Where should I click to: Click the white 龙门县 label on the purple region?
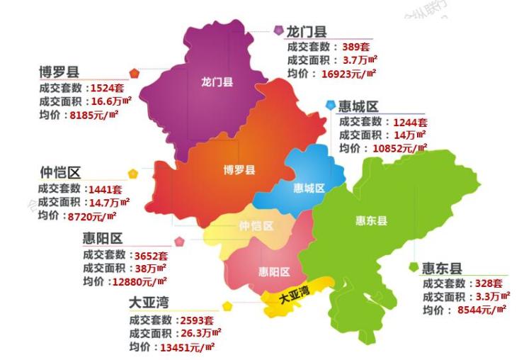point(217,82)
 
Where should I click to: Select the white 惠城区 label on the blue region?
point(309,189)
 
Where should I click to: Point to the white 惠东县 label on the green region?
point(371,221)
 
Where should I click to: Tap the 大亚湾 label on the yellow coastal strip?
point(293,296)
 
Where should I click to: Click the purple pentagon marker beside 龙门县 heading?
point(278,30)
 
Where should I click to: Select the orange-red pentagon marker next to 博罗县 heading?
point(135,73)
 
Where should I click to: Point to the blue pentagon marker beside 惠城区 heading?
point(330,105)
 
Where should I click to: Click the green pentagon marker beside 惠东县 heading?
point(413,267)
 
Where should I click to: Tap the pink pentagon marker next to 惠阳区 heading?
point(180,241)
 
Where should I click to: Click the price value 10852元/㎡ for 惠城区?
point(394,148)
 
